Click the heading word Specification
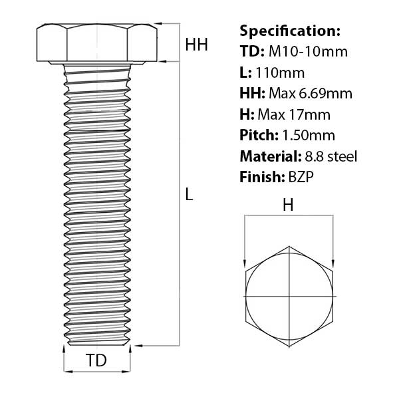[289, 31]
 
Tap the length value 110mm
[281, 72]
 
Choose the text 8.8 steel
[330, 156]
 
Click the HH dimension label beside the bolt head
[196, 45]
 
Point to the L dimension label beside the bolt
[189, 196]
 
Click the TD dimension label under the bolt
[97, 361]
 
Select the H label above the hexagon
[288, 206]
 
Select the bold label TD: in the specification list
[251, 52]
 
